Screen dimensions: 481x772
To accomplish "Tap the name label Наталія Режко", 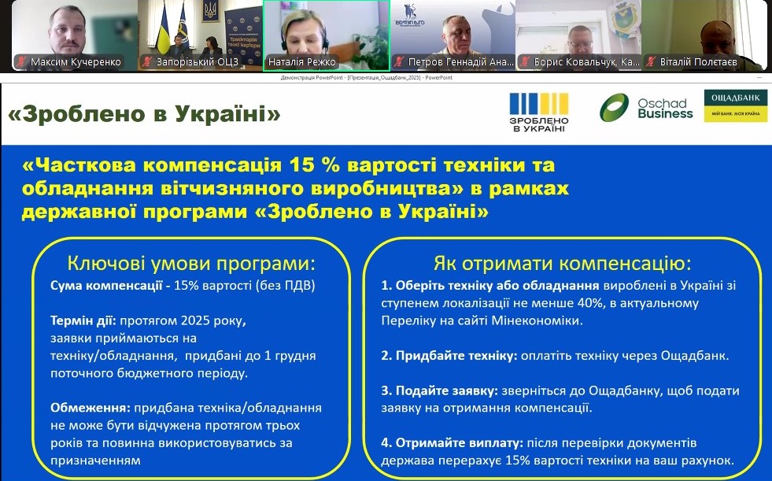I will click(302, 61).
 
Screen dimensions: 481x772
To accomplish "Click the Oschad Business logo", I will click(646, 107).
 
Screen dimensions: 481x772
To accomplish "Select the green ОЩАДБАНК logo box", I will click(735, 105).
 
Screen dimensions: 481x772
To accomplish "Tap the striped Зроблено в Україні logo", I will click(539, 112).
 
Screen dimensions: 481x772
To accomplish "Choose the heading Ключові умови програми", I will click(191, 262).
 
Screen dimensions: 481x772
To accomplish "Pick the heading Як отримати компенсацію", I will click(562, 262).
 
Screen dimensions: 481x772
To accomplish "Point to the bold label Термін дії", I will click(83, 321).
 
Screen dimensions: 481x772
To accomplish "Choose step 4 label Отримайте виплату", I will click(449, 443).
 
